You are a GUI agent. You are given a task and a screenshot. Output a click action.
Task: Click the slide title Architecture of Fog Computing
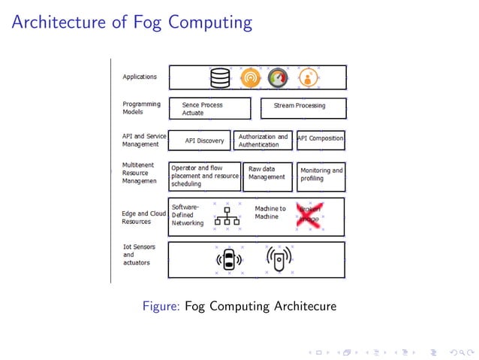pyautogui.click(x=131, y=22)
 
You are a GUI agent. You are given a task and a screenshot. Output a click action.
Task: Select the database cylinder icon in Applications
pyautogui.click(x=220, y=77)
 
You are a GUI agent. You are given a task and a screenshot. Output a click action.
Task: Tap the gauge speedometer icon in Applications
pyautogui.click(x=278, y=77)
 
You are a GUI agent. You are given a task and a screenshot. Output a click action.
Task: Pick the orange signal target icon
pyautogui.click(x=250, y=77)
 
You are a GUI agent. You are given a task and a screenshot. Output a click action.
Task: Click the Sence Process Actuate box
pyautogui.click(x=209, y=109)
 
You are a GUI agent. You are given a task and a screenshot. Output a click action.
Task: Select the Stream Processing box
pyautogui.click(x=303, y=106)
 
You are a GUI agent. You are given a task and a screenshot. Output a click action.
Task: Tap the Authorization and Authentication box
pyautogui.click(x=263, y=141)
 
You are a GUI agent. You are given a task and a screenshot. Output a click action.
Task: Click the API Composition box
pyautogui.click(x=321, y=138)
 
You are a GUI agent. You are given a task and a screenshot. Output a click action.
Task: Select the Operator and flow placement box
pyautogui.click(x=205, y=177)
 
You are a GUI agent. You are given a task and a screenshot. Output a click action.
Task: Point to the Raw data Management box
pyautogui.click(x=268, y=177)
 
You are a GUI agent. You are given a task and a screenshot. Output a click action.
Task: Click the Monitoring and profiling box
pyautogui.click(x=321, y=177)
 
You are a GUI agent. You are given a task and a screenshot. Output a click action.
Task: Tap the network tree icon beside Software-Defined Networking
pyautogui.click(x=227, y=216)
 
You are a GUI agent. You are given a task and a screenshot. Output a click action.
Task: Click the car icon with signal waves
pyautogui.click(x=229, y=260)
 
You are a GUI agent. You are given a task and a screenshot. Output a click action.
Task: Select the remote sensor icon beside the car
pyautogui.click(x=279, y=260)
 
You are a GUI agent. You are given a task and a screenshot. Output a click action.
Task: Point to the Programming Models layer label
pyautogui.click(x=140, y=108)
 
